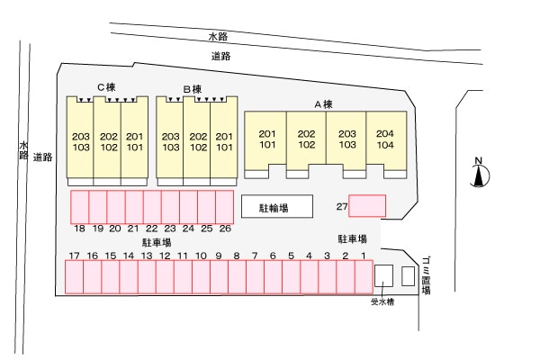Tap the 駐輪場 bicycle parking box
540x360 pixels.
click(276, 206)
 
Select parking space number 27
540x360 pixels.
click(367, 206)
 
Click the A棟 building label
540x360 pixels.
click(323, 104)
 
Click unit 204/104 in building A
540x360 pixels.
click(385, 139)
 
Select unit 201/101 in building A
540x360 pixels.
click(266, 139)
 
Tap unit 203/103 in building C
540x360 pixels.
click(80, 141)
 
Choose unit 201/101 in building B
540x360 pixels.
click(224, 141)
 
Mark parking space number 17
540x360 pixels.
click(75, 277)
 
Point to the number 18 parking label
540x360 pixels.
click(80, 229)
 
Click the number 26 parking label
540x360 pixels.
click(225, 229)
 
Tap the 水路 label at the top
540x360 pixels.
click(218, 37)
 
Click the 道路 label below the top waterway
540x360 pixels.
click(220, 56)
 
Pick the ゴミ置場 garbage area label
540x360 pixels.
click(425, 274)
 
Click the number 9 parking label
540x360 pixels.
click(219, 256)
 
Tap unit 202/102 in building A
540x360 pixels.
click(306, 139)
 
